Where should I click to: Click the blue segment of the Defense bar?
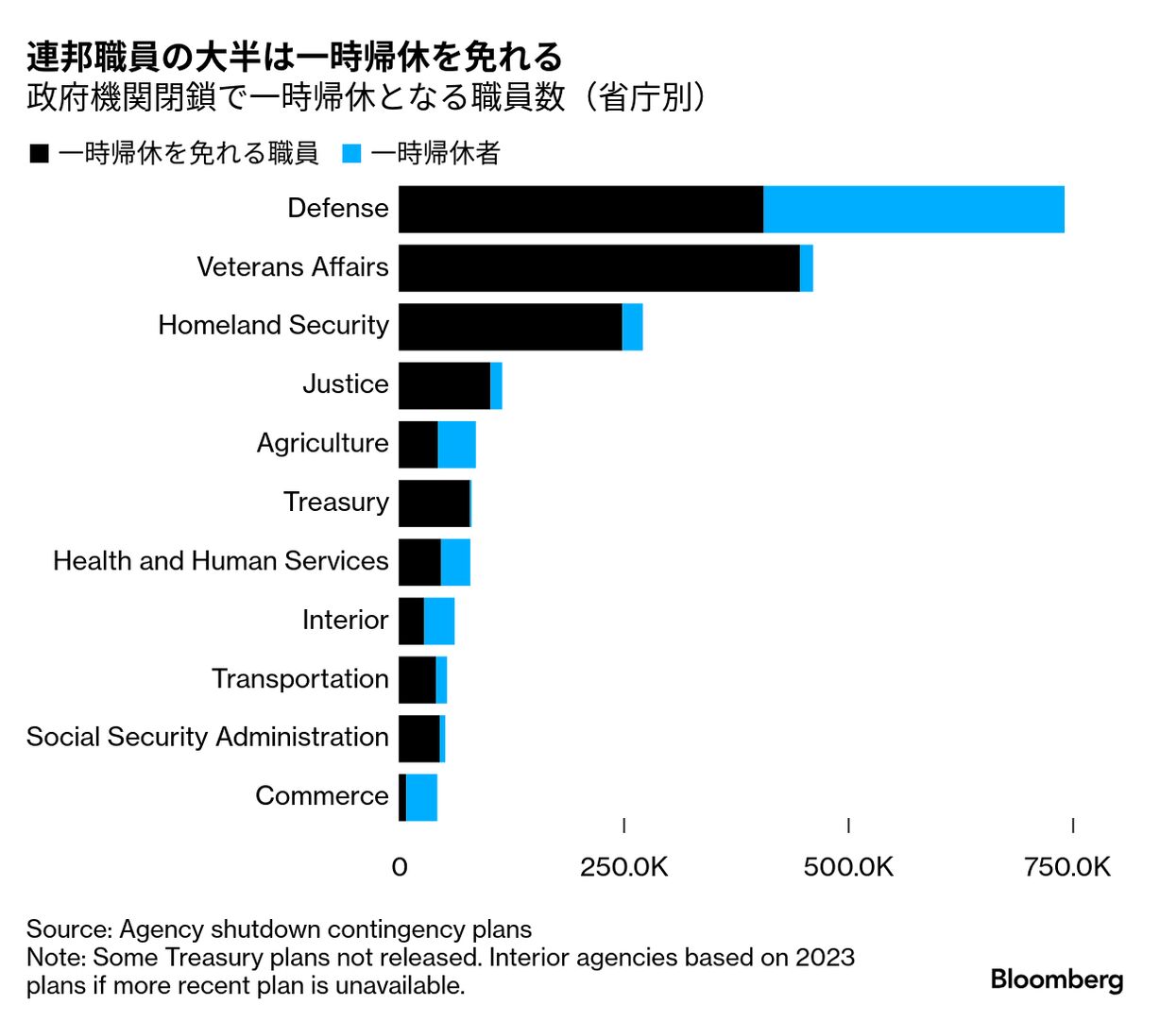click(x=913, y=210)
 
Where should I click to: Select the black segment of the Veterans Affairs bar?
click(x=599, y=268)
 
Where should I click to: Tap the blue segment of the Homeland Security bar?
click(x=633, y=327)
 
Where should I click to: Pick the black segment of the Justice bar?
click(x=444, y=385)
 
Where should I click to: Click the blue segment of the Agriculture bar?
click(x=457, y=445)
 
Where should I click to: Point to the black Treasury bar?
click(x=434, y=503)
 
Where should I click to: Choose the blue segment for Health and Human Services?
click(x=455, y=562)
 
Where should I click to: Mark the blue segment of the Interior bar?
click(x=439, y=622)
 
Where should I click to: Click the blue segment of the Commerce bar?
click(x=421, y=797)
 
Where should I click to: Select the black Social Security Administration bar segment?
click(x=418, y=739)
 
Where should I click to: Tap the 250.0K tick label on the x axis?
click(x=623, y=867)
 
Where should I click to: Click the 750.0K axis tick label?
click(x=1067, y=867)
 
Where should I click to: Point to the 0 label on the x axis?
click(x=400, y=867)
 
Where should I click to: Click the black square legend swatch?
click(x=40, y=154)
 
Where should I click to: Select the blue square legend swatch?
click(x=351, y=154)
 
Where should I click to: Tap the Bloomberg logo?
click(x=1056, y=979)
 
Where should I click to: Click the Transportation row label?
click(x=299, y=679)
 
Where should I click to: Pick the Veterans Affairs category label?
click(x=293, y=267)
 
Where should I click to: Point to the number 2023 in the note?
click(x=825, y=957)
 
